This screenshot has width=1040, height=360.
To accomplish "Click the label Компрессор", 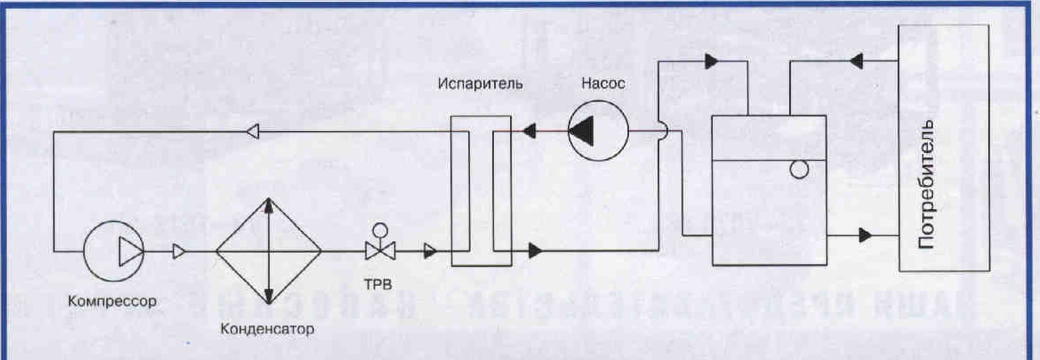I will (x=112, y=301).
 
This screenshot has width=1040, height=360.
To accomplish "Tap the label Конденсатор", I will (x=267, y=329).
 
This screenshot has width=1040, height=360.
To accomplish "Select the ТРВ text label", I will (x=378, y=284).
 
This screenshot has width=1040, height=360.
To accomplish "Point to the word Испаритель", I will (x=480, y=84).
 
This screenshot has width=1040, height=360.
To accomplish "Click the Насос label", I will (x=603, y=83).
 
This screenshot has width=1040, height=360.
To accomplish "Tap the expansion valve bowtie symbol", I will (x=380, y=251).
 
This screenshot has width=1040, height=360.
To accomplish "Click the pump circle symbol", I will (x=598, y=131).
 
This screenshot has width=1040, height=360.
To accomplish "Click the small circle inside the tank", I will (x=799, y=169).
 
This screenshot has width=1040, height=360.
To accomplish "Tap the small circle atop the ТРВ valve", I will (x=380, y=230).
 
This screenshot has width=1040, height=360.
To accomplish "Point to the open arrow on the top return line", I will (x=253, y=131).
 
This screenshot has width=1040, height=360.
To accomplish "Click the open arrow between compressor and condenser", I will (x=179, y=251).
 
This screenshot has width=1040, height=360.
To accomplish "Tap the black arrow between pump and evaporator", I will (x=529, y=131).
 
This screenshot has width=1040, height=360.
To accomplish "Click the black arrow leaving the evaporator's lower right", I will (x=535, y=251).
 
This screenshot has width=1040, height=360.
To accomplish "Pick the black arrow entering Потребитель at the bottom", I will (x=865, y=235).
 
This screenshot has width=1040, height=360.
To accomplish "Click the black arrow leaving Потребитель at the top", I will (x=856, y=61).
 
